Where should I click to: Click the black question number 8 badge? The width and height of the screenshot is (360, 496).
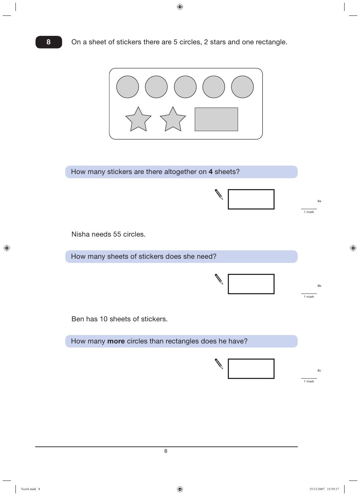pyautogui.click(x=49, y=42)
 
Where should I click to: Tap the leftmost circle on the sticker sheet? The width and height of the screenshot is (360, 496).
pyautogui.click(x=128, y=87)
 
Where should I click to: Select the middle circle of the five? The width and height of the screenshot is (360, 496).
pyautogui.click(x=185, y=87)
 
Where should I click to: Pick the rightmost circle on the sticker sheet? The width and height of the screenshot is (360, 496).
pyautogui.click(x=242, y=87)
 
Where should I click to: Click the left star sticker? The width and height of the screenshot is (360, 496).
pyautogui.click(x=138, y=120)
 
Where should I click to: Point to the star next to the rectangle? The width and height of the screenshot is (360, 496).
pyautogui.click(x=173, y=120)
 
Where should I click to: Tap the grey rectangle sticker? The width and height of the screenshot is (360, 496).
pyautogui.click(x=216, y=120)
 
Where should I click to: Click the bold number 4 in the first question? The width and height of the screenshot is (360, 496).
pyautogui.click(x=211, y=172)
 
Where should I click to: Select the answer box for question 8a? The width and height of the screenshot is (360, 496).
pyautogui.click(x=251, y=199)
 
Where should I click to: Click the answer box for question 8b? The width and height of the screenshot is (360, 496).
pyautogui.click(x=251, y=284)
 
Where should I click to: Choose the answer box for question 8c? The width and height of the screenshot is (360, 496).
pyautogui.click(x=251, y=369)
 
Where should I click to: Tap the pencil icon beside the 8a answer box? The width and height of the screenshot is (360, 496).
pyautogui.click(x=219, y=194)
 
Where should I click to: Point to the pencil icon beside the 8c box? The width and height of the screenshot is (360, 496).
pyautogui.click(x=219, y=364)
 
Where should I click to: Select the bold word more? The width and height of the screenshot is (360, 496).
pyautogui.click(x=116, y=341)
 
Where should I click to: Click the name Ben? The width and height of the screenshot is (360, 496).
pyautogui.click(x=78, y=319)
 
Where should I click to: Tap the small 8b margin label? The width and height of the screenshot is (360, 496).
pyautogui.click(x=319, y=286)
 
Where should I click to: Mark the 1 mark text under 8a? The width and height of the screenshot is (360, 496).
pyautogui.click(x=309, y=212)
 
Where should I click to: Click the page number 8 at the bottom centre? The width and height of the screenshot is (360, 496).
pyautogui.click(x=166, y=451)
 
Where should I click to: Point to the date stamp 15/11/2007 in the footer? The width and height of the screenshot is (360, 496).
pyautogui.click(x=317, y=489)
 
